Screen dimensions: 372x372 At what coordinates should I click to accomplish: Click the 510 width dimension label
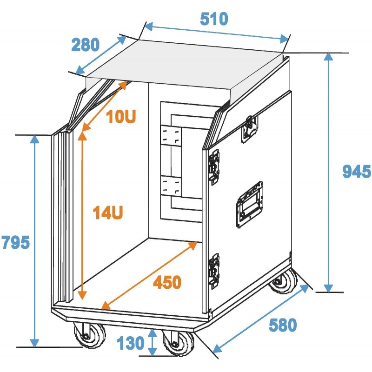[214, 19]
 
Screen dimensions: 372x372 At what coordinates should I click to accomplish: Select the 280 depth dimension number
[86, 45]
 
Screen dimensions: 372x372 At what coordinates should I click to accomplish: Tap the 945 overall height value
[357, 171]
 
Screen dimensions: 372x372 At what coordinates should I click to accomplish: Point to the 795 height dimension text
[16, 242]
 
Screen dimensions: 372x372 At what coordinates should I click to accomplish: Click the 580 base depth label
[283, 325]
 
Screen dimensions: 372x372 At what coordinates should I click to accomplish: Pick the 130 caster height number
[131, 343]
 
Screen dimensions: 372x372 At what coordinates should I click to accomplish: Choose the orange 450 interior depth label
[167, 282]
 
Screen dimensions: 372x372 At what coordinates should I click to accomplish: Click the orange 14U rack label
[108, 213]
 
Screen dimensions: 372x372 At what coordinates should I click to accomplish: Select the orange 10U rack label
[121, 116]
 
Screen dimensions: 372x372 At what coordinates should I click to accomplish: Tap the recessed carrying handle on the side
[250, 205]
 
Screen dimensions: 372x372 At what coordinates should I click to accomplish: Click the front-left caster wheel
[89, 335]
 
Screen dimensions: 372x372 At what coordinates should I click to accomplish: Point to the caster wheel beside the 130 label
[179, 342]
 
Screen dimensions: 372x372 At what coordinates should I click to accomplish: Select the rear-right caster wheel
[283, 282]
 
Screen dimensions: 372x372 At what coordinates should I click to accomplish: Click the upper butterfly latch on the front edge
[214, 167]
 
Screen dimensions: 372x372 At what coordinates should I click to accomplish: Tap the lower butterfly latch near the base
[214, 271]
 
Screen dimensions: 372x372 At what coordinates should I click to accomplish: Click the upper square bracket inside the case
[171, 135]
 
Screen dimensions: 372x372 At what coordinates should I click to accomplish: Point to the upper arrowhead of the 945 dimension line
[328, 56]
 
